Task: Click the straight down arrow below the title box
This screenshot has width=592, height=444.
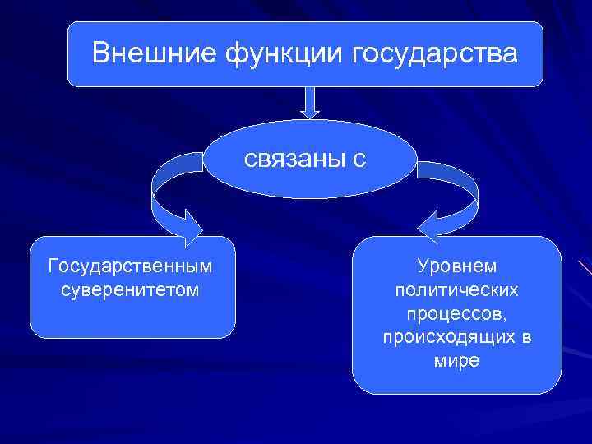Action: point(309,102)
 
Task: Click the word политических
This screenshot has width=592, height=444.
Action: point(457,290)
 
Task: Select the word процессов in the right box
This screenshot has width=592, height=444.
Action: point(457,314)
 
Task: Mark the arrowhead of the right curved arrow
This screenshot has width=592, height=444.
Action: point(432,227)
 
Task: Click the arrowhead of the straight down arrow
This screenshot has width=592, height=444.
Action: point(309,113)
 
